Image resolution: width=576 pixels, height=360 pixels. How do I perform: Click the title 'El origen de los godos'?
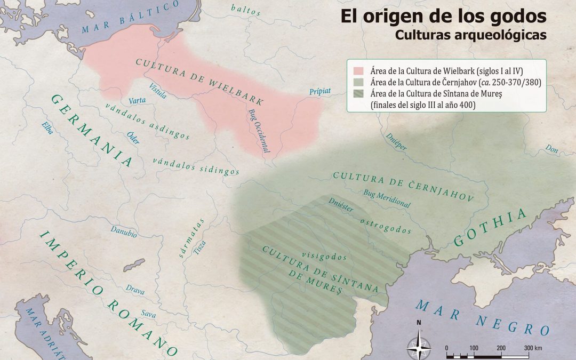coord(444,16)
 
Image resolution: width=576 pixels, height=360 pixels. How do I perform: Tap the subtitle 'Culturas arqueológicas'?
coord(471,35)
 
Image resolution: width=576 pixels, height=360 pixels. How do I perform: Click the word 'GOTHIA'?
coord(490,228)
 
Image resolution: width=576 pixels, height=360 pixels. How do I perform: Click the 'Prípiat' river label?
coord(320,92)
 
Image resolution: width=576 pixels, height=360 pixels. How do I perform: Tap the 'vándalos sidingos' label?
coord(196,166)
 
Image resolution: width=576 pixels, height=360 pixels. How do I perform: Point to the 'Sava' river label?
coord(149,315)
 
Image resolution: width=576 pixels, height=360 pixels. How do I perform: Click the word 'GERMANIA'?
coord(92,130)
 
